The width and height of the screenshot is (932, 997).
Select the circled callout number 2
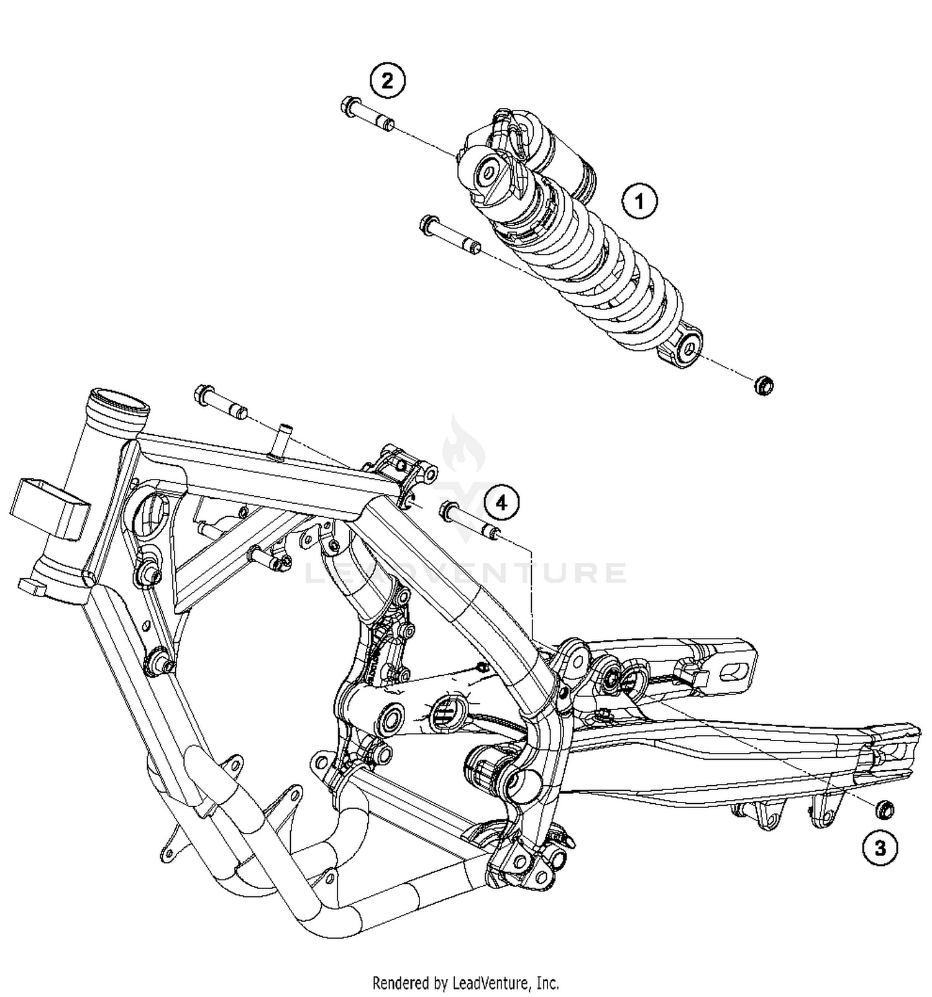[x=387, y=81]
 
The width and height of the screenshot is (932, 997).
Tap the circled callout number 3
[x=880, y=848]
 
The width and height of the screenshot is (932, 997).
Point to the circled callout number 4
[x=501, y=503]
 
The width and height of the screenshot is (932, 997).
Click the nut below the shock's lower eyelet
[x=763, y=386]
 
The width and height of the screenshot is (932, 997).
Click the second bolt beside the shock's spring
[x=449, y=235]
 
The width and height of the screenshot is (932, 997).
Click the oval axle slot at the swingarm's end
[x=736, y=670]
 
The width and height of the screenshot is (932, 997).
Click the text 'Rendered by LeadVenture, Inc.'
[x=465, y=983]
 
